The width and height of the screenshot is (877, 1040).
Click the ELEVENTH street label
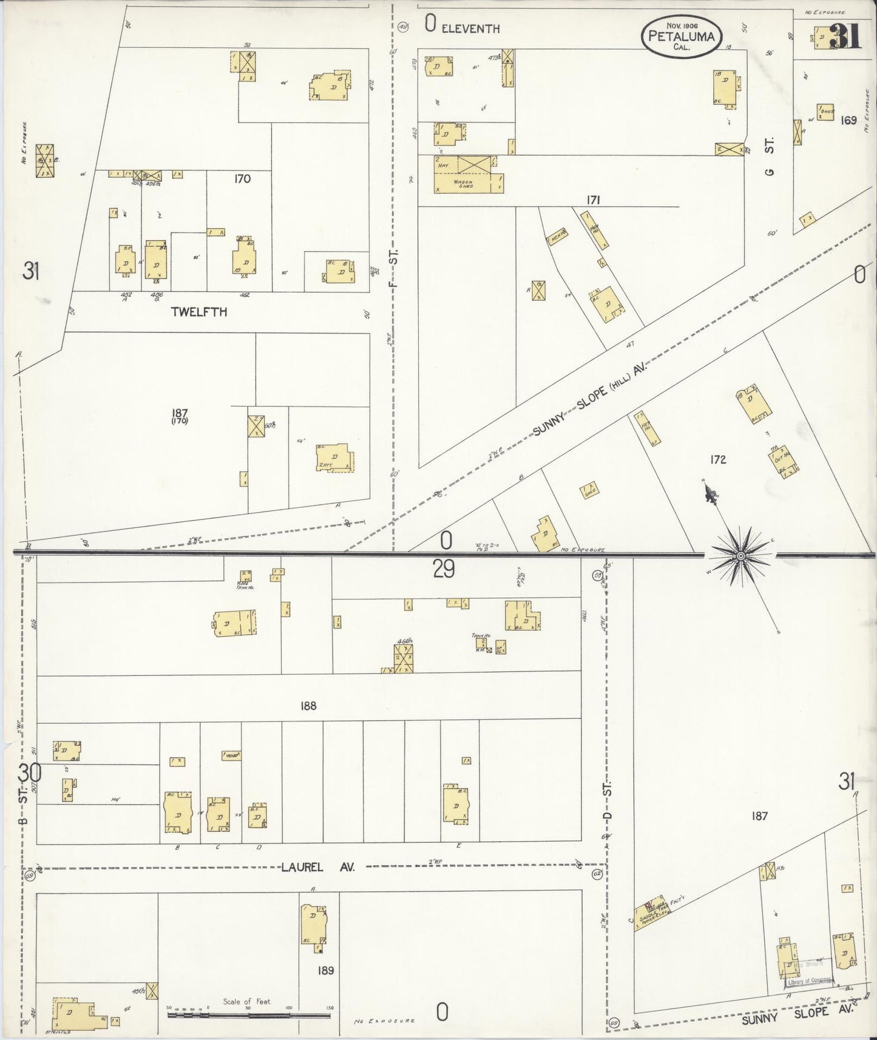click(x=470, y=28)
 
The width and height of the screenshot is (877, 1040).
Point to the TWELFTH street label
click(x=199, y=312)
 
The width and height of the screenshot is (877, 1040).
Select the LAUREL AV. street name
click(x=317, y=867)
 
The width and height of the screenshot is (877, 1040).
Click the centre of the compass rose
click(x=741, y=556)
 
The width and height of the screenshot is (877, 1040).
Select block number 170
click(x=242, y=179)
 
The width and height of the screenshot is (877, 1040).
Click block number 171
click(x=593, y=199)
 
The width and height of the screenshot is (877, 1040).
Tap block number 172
click(x=718, y=459)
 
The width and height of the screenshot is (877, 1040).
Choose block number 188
click(x=308, y=706)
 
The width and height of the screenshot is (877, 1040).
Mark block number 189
click(x=325, y=970)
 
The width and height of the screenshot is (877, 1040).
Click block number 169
click(x=848, y=120)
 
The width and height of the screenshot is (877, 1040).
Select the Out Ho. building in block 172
click(x=783, y=460)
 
